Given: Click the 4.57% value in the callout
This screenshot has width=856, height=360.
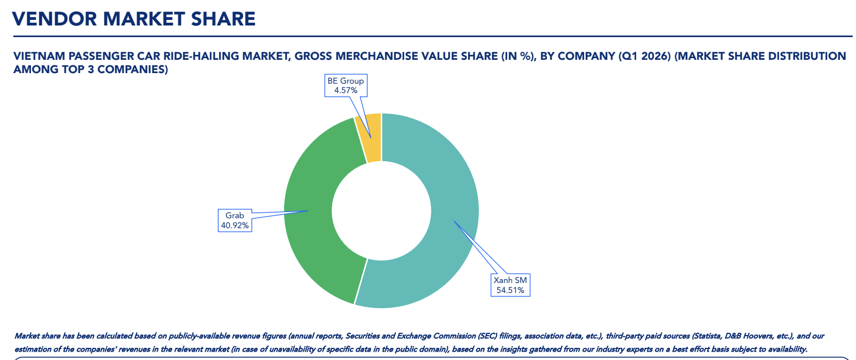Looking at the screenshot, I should click(346, 90).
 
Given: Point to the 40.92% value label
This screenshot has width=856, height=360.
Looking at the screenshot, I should click(235, 225).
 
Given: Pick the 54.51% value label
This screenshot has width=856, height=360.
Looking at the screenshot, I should click(510, 290).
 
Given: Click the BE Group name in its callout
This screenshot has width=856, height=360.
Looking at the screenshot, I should click(346, 81).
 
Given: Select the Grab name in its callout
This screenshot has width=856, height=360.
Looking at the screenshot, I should click(235, 215).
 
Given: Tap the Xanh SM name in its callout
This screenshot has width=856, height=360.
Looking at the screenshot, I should click(510, 280).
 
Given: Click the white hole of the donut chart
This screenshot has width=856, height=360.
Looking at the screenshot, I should click(381, 210).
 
